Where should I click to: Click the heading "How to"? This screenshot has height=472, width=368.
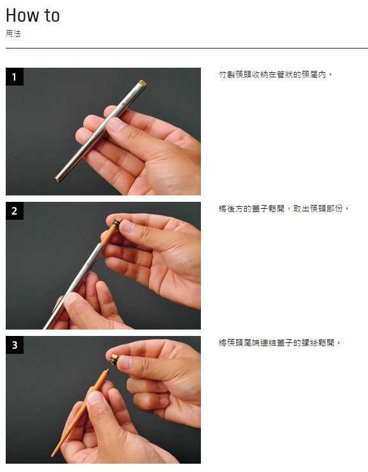(x=33, y=15)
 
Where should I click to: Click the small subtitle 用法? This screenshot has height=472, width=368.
(x=13, y=33)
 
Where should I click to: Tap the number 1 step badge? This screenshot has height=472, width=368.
(x=15, y=77)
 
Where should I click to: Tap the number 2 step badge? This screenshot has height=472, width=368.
(x=15, y=211)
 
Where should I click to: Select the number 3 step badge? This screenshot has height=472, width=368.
(x=15, y=345)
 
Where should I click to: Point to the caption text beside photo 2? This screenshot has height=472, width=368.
(x=284, y=208)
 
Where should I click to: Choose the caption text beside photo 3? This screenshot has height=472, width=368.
(x=279, y=342)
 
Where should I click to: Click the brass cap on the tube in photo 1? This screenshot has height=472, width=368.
(x=142, y=83)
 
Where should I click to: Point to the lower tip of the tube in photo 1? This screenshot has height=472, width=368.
(x=57, y=179)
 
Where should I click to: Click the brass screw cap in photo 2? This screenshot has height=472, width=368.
(x=117, y=222)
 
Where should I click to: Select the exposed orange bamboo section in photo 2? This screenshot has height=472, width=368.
(x=108, y=236)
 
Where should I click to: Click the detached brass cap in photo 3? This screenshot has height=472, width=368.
(x=114, y=360)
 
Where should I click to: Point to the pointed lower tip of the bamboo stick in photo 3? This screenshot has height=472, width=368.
(x=52, y=455)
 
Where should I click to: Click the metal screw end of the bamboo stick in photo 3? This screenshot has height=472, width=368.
(x=106, y=372)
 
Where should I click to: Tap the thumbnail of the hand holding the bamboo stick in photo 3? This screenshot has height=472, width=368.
(x=96, y=398)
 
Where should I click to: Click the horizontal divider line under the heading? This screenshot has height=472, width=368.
(x=187, y=48)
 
